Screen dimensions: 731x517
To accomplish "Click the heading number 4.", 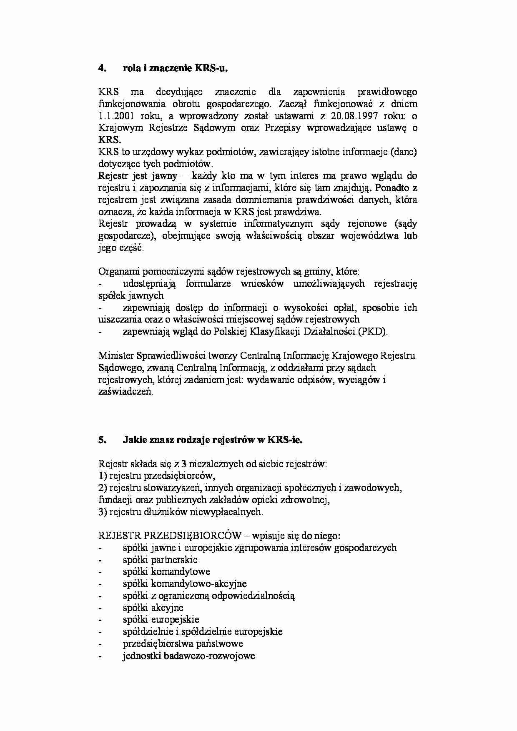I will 102,68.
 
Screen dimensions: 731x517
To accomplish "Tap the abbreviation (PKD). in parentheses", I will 373,332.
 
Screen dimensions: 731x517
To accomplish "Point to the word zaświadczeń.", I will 125,392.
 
